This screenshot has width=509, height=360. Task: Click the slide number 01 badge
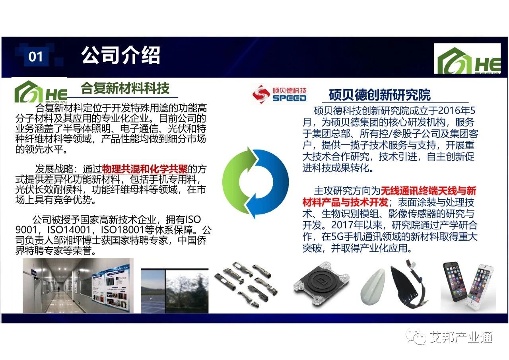(36, 56)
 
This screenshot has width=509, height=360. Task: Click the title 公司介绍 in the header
(120, 55)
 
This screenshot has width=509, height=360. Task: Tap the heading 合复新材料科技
(125, 88)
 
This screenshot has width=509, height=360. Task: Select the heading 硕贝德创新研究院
(379, 95)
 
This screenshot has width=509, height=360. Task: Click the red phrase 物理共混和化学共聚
(145, 169)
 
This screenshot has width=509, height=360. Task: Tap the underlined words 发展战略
(54, 169)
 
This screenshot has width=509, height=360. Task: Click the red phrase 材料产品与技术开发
(346, 202)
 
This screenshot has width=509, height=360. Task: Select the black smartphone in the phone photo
(456, 282)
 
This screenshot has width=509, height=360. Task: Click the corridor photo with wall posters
(78, 286)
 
